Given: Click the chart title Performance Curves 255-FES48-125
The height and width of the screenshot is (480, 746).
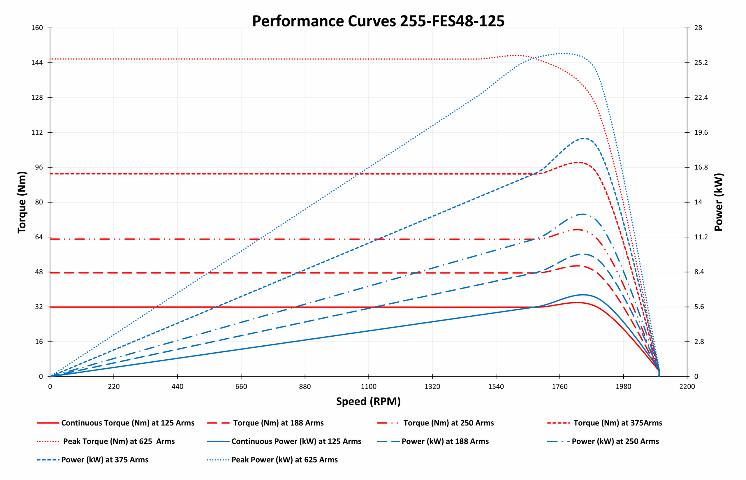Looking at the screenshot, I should point(378,21).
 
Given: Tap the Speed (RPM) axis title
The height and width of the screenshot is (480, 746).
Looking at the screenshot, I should point(368,401).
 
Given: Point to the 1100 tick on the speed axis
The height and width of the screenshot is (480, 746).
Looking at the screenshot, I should point(369,387).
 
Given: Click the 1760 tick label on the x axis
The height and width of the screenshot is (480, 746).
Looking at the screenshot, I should point(560,387).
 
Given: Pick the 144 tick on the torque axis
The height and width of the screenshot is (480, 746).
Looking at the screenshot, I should point(37,63).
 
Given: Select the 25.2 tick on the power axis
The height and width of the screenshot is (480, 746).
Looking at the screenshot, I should point(701,63).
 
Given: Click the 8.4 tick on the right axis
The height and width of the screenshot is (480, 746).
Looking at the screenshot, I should point(699,272).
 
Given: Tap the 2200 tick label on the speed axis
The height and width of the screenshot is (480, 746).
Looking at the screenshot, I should point(687,387).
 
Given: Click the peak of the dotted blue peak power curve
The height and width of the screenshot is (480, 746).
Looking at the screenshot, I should point(563,53).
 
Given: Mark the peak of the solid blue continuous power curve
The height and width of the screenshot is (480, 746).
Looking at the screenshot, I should point(582,295).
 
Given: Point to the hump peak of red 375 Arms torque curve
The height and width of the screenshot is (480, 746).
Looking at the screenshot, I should point(578,162).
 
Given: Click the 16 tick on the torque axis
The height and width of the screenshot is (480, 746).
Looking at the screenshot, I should point(39,342).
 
